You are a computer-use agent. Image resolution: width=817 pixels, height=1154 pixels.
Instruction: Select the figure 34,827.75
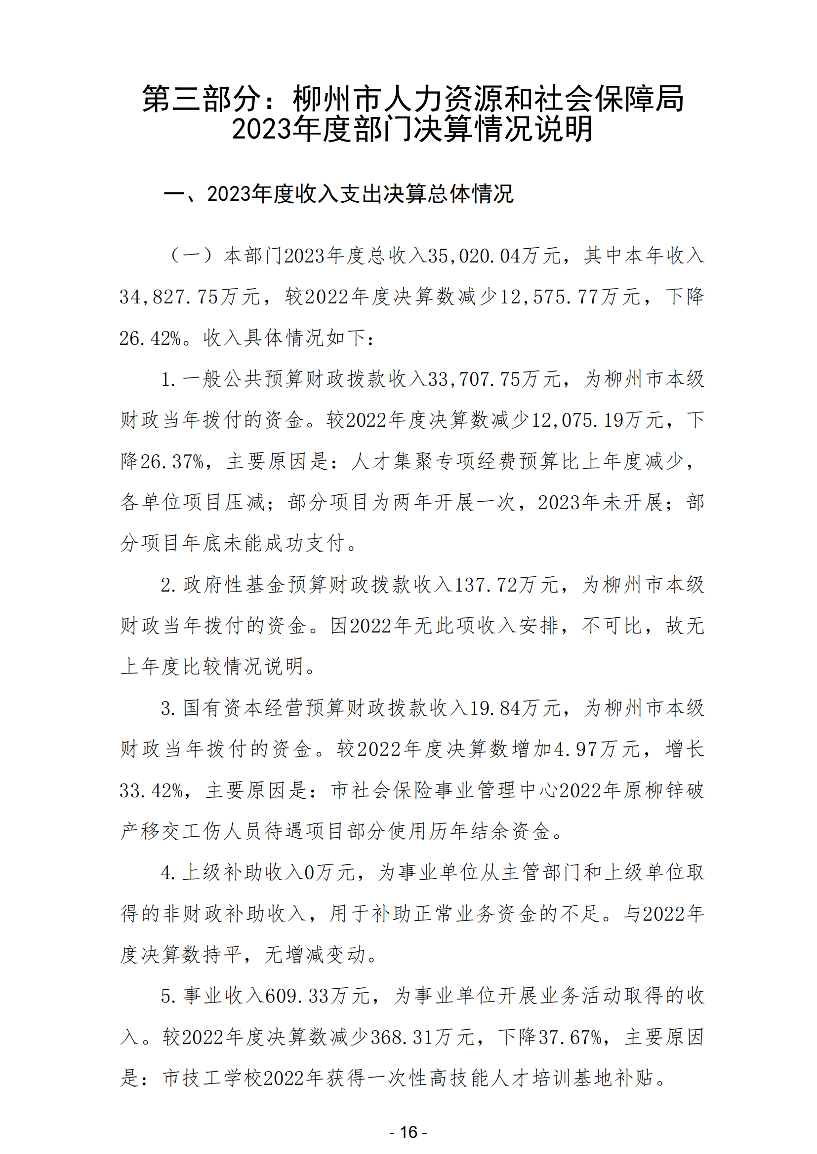168,297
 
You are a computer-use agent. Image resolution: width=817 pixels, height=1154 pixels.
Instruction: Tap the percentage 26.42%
150,338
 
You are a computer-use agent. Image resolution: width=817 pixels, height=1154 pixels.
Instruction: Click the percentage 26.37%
171,461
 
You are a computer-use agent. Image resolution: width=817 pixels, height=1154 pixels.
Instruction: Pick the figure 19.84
495,708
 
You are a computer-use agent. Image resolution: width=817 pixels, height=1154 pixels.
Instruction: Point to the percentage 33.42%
151,790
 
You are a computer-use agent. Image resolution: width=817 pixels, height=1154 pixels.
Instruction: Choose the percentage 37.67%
570,1038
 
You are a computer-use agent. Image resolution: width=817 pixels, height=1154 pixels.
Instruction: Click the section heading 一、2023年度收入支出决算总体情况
338,194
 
